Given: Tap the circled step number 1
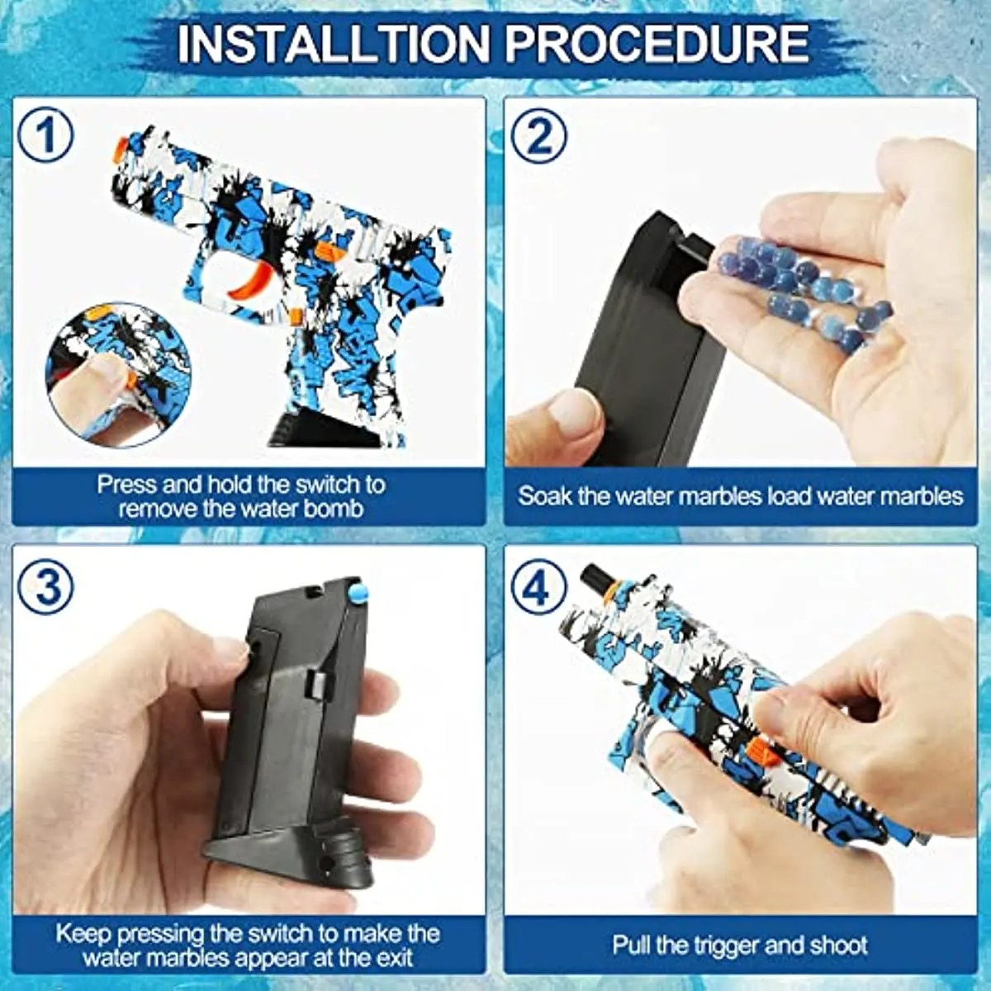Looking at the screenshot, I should pyautogui.click(x=46, y=137).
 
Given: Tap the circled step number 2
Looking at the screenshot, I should pyautogui.click(x=538, y=137).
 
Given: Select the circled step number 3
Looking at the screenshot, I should pyautogui.click(x=46, y=587).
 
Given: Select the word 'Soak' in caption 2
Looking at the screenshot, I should pyautogui.click(x=546, y=495).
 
